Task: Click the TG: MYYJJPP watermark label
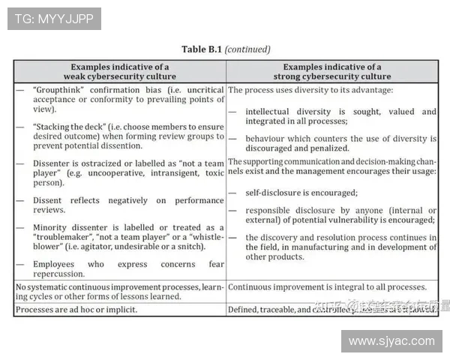click(54, 19)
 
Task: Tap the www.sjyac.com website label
click(391, 341)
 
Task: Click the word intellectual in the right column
click(272, 112)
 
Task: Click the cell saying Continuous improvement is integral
click(328, 287)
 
